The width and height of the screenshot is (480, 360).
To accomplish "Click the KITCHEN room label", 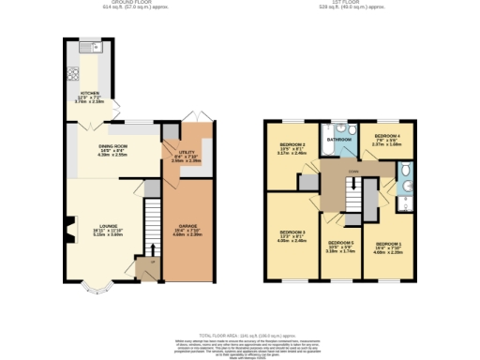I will [x=90, y=94].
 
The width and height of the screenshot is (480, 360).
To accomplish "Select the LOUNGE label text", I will [x=109, y=226].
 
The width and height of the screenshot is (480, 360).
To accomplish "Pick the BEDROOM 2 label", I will [x=293, y=145].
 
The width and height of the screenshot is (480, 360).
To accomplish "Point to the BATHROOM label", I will [x=339, y=140].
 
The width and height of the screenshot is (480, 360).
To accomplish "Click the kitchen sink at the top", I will [x=91, y=47].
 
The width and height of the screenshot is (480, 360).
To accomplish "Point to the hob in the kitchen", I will [x=69, y=74].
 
